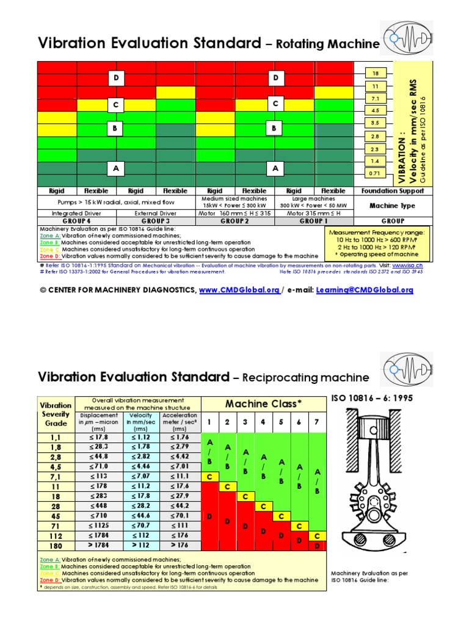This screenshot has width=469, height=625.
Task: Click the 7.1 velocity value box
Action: pyautogui.click(x=376, y=98)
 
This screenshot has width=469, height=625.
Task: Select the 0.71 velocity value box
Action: pyautogui.click(x=376, y=173)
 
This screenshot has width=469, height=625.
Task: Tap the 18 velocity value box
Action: pyautogui.click(x=376, y=73)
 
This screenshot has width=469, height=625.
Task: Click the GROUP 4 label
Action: pyautogui.click(x=77, y=221)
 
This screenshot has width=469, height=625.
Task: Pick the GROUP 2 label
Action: pyautogui.click(x=234, y=221)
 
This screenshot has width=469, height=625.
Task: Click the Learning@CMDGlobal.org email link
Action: pyautogui.click(x=365, y=291)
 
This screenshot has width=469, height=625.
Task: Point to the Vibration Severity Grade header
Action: pyautogui.click(x=56, y=413)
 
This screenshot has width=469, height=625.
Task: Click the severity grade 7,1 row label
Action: pyautogui.click(x=56, y=476)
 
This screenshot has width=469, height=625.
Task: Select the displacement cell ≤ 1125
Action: pyautogui.click(x=98, y=526)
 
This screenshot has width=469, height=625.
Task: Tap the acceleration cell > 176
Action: pyautogui.click(x=180, y=546)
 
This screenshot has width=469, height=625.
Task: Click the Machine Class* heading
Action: pyautogui.click(x=264, y=403)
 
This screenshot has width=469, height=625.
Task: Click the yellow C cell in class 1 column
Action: pyautogui.click(x=209, y=477)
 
